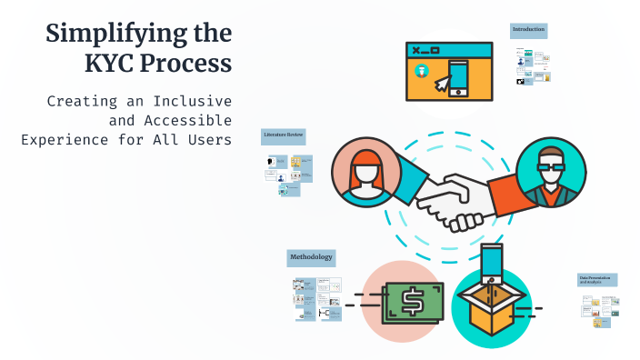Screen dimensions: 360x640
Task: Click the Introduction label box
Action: pyautogui.click(x=528, y=30)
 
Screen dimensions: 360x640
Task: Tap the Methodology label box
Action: pyautogui.click(x=311, y=257)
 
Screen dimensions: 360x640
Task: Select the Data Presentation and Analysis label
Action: pyautogui.click(x=597, y=280)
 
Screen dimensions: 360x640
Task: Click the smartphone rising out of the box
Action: pyautogui.click(x=492, y=263)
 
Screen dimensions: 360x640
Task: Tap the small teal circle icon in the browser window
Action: pyautogui.click(x=421, y=71)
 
